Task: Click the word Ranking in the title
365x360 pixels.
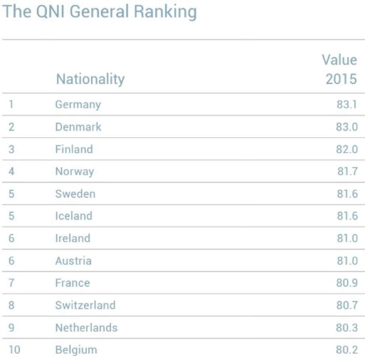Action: click(x=166, y=12)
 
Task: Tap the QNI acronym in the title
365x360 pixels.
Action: click(x=50, y=11)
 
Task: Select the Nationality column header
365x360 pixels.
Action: click(x=91, y=79)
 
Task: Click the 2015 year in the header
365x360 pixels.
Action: click(x=341, y=79)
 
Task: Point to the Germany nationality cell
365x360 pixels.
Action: click(x=78, y=105)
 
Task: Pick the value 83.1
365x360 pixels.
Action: click(x=347, y=104)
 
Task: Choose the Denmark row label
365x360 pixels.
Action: click(x=78, y=127)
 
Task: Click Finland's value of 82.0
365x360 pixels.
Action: click(x=347, y=149)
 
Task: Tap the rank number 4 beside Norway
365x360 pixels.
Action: click(x=11, y=171)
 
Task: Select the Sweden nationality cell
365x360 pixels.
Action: click(x=75, y=194)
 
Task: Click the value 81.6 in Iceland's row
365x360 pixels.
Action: click(x=347, y=216)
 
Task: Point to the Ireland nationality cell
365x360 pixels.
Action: click(x=73, y=238)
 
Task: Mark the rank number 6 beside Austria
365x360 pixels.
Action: click(x=11, y=261)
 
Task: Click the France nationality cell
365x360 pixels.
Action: click(x=72, y=283)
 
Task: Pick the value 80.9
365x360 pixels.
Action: click(x=347, y=283)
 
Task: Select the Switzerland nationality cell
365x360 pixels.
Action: click(x=85, y=305)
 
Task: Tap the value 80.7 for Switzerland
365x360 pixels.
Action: click(x=347, y=305)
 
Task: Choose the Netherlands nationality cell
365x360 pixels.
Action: click(x=86, y=328)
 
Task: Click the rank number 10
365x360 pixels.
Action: click(x=15, y=350)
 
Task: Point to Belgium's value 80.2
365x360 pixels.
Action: click(x=347, y=350)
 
